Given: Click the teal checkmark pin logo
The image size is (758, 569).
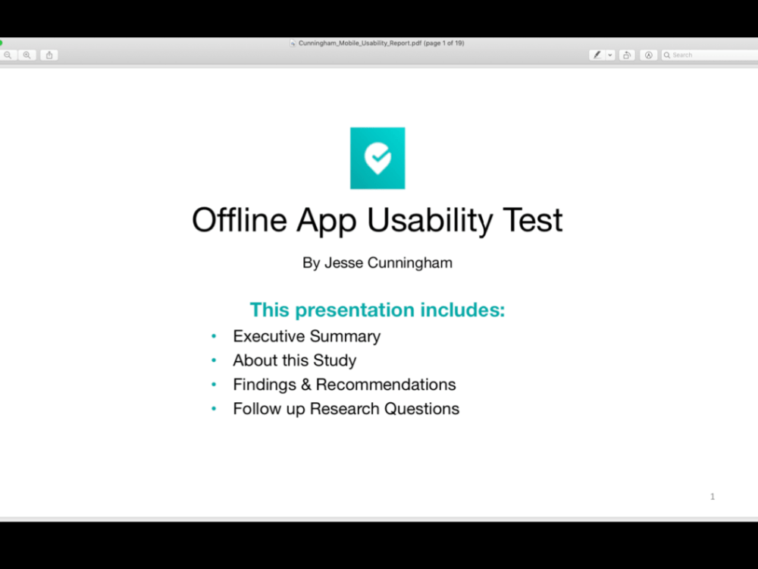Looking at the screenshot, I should [x=377, y=158].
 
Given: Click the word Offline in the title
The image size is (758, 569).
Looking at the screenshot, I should [x=240, y=220].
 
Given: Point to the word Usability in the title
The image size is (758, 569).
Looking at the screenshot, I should [x=430, y=220].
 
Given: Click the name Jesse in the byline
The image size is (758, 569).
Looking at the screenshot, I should [x=343, y=263].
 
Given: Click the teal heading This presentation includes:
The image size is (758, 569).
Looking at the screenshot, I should [x=377, y=310].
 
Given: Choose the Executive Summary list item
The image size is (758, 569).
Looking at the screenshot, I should [x=306, y=336].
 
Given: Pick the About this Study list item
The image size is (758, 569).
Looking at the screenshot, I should [x=294, y=360].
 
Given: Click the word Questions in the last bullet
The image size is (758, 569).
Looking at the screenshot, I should [x=421, y=409].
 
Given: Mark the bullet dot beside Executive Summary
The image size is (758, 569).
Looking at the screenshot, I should [x=214, y=336].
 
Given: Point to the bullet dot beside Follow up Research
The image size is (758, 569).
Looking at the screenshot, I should [x=214, y=409].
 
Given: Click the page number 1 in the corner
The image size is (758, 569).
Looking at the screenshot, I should [x=713, y=496].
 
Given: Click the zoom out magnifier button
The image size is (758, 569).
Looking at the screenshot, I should [x=8, y=55].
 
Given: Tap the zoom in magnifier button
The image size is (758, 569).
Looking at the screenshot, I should [x=27, y=55].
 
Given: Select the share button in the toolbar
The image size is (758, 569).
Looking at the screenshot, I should [x=49, y=55].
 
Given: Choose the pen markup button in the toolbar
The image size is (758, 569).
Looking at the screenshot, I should [x=597, y=55].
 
